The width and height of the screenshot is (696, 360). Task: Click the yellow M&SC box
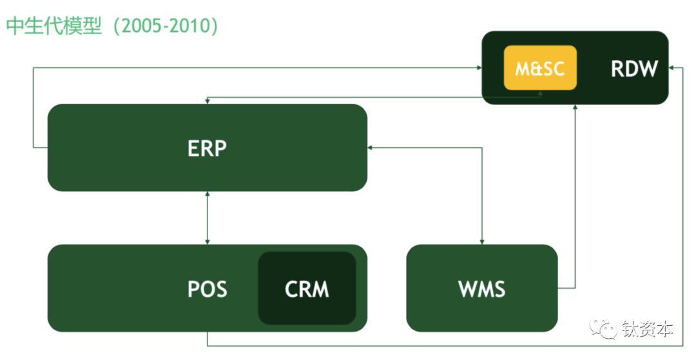[540, 68]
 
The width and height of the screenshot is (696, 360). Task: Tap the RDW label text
[634, 69]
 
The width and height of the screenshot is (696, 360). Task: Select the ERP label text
[207, 148]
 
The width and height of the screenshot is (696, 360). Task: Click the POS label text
[208, 289]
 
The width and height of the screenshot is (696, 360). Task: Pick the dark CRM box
[307, 288]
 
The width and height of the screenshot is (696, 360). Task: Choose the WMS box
[482, 288]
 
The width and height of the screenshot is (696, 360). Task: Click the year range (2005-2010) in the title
[166, 26]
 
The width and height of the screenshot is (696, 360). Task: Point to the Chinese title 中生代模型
[54, 26]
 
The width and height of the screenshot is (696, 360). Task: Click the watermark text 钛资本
[647, 329]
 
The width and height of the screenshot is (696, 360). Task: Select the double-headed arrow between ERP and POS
[208, 218]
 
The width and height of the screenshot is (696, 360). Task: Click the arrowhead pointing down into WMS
[482, 242]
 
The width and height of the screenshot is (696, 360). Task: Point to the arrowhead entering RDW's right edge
[672, 68]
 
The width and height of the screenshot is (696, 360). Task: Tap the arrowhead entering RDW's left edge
[479, 68]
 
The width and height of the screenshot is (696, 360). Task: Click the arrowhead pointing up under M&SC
[540, 93]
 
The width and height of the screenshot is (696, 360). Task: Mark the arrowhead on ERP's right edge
[370, 147]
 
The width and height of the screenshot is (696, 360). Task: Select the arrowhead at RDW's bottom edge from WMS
[575, 108]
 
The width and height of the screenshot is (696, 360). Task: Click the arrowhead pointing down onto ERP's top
[208, 101]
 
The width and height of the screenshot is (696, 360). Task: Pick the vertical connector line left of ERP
[34, 108]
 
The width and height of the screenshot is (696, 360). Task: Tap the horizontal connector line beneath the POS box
[445, 345]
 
